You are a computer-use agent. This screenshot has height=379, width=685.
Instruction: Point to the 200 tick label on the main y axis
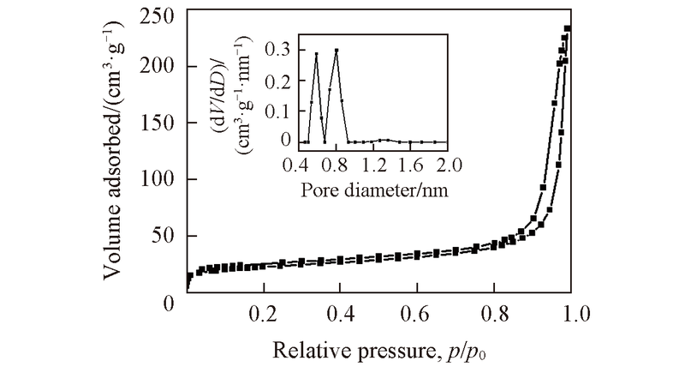[158, 66]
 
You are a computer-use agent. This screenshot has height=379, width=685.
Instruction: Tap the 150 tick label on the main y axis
[158, 123]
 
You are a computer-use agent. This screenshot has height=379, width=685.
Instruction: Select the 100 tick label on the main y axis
[158, 179]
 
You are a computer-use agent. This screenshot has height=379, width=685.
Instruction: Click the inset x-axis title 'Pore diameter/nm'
[375, 186]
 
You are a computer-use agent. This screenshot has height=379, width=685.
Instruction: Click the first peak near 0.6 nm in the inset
[316, 55]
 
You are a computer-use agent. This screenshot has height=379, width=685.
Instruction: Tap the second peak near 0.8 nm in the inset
[337, 50]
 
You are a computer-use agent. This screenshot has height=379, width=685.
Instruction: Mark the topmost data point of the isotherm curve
[568, 28]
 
